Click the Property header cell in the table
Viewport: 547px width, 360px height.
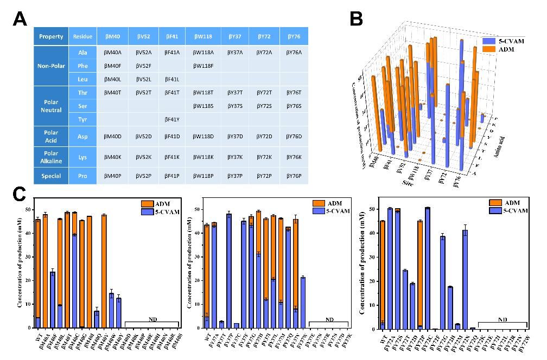pyautogui.click(x=50, y=37)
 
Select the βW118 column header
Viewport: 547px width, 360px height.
pyautogui.click(x=203, y=37)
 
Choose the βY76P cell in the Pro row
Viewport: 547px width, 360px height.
pyautogui.click(x=294, y=176)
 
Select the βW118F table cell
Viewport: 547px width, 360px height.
pyautogui.click(x=203, y=66)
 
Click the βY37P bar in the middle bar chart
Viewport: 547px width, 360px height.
pyautogui.click(x=228, y=271)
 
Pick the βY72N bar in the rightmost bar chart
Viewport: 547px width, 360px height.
pyautogui.click(x=465, y=279)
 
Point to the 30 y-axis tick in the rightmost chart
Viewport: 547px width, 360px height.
pyautogui.click(x=367, y=258)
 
